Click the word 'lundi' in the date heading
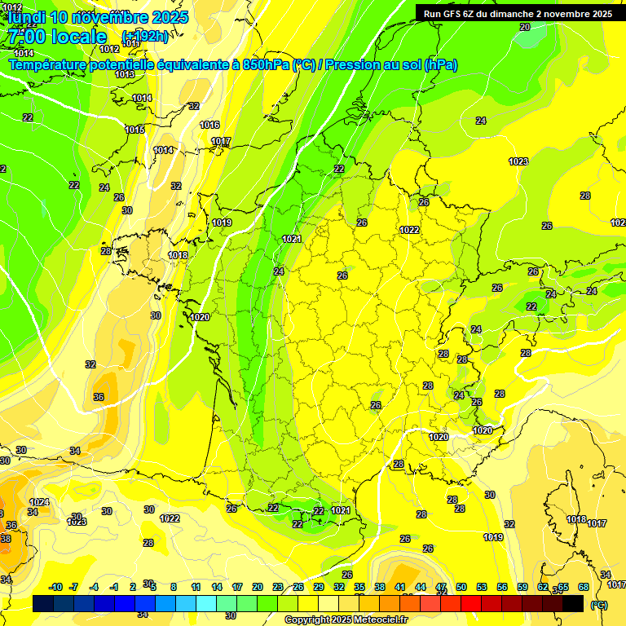[27, 17]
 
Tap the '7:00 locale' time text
[55, 37]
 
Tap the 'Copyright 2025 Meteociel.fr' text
[345, 620]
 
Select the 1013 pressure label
[125, 74]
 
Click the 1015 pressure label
[134, 130]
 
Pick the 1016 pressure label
[209, 125]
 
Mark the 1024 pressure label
[39, 502]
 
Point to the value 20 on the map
[524, 27]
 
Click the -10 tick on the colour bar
[55, 587]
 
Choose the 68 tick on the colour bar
[584, 587]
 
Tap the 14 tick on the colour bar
[217, 587]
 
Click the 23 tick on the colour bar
[278, 587]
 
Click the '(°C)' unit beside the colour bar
[598, 604]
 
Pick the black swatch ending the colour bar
[573, 603]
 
